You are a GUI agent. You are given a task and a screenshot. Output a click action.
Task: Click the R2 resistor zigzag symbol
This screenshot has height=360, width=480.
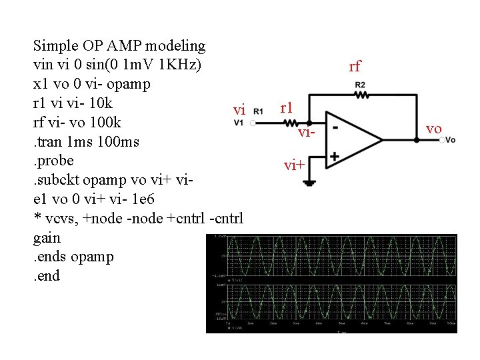[361, 95]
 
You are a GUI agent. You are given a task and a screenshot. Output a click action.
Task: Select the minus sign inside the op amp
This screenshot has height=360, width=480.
[335, 125]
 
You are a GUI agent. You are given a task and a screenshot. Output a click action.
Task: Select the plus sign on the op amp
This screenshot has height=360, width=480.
[335, 157]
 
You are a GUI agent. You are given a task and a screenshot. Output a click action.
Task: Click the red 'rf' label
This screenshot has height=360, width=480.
[355, 67]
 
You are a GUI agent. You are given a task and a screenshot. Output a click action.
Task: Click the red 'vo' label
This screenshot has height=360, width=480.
[433, 129]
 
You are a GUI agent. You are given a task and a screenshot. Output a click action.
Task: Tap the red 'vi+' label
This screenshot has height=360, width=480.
[294, 165]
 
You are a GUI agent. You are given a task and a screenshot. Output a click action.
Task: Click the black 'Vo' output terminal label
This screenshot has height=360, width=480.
[451, 140]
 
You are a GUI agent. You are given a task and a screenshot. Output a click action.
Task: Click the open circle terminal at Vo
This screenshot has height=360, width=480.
[442, 140]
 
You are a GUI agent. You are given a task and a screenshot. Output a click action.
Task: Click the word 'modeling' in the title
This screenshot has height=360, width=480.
[174, 46]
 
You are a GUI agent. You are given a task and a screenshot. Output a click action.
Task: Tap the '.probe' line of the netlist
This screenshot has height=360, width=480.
[53, 161]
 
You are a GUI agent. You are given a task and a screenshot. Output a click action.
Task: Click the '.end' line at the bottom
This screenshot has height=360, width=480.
[46, 275]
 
